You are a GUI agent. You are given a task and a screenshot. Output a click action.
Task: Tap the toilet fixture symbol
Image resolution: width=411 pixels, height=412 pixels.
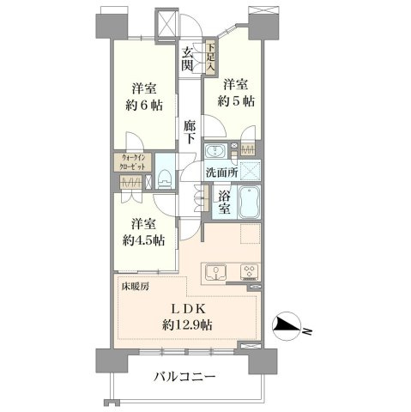pos(164,179)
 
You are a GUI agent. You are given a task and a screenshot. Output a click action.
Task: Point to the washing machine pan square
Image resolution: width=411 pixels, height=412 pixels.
pos(251,171)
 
